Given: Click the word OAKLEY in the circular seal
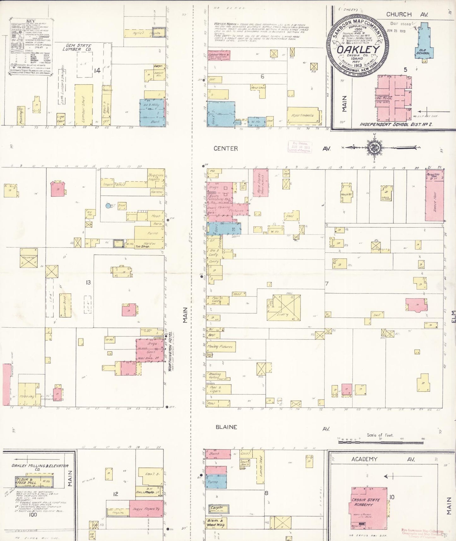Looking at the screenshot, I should [358, 50].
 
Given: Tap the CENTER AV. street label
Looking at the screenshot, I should [226, 148].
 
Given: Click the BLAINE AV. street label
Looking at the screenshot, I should [226, 427].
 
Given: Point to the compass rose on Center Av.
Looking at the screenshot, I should [374, 147].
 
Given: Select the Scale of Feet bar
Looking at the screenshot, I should [380, 442].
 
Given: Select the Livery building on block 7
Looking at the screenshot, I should [284, 307].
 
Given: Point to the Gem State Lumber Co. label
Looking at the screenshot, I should [77, 48].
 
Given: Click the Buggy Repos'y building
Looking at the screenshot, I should [146, 508].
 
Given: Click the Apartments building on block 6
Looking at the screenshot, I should [303, 116].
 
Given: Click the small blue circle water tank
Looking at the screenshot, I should [108, 205].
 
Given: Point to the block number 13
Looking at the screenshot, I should [88, 282].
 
